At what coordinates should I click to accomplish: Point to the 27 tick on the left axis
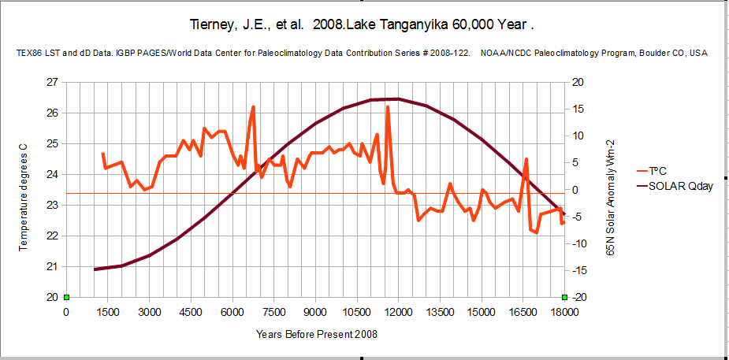pyautogui.click(x=51, y=82)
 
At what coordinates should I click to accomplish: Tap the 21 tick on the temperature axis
pyautogui.click(x=51, y=266)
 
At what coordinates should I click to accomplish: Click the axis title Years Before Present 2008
pyautogui.click(x=316, y=334)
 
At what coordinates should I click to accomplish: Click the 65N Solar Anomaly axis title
pyautogui.click(x=610, y=189)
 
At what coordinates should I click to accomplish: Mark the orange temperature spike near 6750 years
pyautogui.click(x=253, y=107)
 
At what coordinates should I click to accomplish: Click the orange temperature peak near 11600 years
pyautogui.click(x=388, y=107)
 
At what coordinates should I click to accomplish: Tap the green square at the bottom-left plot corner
pyautogui.click(x=66, y=297)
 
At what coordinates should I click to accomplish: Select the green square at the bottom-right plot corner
pyautogui.click(x=564, y=297)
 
